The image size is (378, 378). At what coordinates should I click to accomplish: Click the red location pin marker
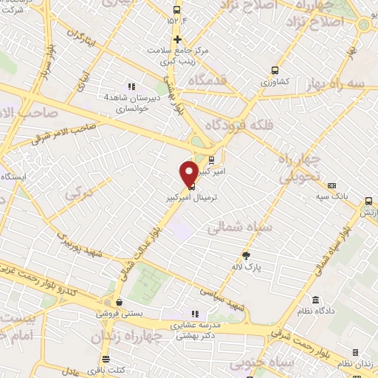click(x=189, y=173)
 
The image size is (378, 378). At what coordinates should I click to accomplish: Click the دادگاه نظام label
click(x=315, y=312)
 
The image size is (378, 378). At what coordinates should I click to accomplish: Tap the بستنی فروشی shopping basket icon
click(x=118, y=300)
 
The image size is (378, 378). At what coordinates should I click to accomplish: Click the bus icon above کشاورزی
click(x=275, y=71)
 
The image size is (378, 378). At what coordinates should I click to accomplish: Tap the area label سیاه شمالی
click(x=239, y=228)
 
